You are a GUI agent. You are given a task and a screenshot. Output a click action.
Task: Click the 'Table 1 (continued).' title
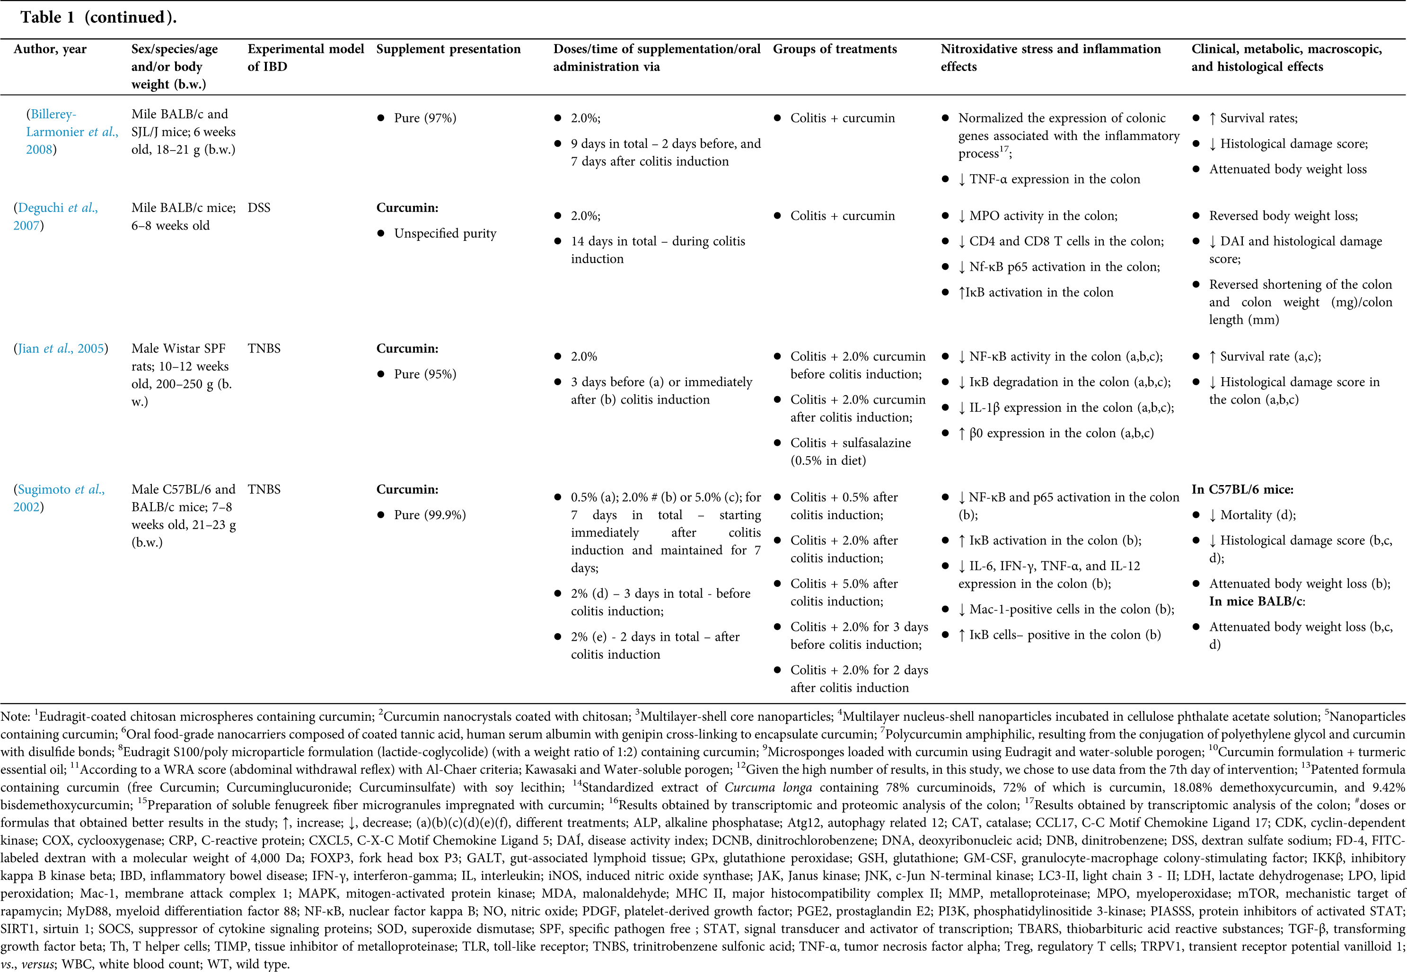(98, 18)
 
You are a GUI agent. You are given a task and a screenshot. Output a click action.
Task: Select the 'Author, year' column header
(50, 49)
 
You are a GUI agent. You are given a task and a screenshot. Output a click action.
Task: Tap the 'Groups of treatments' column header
(835, 49)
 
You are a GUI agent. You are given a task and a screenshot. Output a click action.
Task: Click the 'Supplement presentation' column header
(448, 49)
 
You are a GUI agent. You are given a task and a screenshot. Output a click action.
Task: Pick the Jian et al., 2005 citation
(61, 349)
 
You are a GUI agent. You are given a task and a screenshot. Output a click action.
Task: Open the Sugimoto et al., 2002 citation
(59, 498)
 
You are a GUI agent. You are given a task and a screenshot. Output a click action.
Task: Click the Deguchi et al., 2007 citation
(55, 216)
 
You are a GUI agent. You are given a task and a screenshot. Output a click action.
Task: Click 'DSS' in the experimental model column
(259, 208)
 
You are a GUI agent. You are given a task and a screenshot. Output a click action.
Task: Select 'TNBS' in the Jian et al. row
(264, 348)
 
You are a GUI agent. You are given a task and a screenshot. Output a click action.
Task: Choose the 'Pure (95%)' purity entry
(424, 374)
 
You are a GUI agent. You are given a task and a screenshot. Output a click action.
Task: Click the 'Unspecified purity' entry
(444, 234)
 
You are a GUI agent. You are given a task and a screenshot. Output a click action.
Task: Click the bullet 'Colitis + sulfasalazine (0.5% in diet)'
(850, 452)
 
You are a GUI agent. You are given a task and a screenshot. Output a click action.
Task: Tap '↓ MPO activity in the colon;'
(1043, 216)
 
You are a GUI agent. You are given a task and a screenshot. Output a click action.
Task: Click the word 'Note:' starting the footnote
(15, 717)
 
